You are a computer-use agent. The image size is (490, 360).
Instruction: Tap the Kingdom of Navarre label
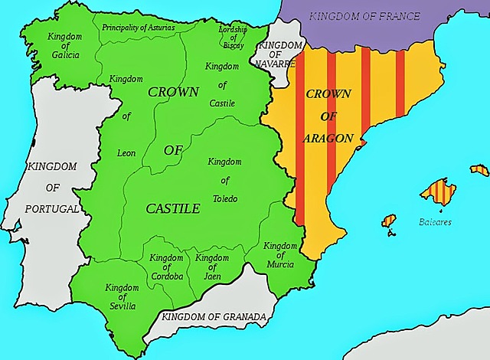coord(276,54)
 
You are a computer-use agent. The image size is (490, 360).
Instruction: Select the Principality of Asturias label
coord(138,28)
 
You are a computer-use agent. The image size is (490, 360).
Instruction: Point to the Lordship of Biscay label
coord(233,37)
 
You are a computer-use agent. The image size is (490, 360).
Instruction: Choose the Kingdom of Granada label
coord(214,316)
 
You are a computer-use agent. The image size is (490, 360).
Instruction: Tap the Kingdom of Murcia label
coord(281,255)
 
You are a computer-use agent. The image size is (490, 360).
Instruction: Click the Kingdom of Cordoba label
coord(166,267)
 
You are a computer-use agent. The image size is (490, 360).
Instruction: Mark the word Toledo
coord(225,199)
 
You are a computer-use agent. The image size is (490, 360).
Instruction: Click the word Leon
coord(126,153)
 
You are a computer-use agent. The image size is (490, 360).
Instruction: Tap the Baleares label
coord(435,222)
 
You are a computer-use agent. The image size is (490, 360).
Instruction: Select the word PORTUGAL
coord(51,208)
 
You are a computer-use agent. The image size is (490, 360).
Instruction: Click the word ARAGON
coord(328,139)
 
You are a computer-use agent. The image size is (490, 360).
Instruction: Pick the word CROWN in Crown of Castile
coord(172,92)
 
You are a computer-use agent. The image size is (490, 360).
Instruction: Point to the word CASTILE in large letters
coord(174,208)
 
